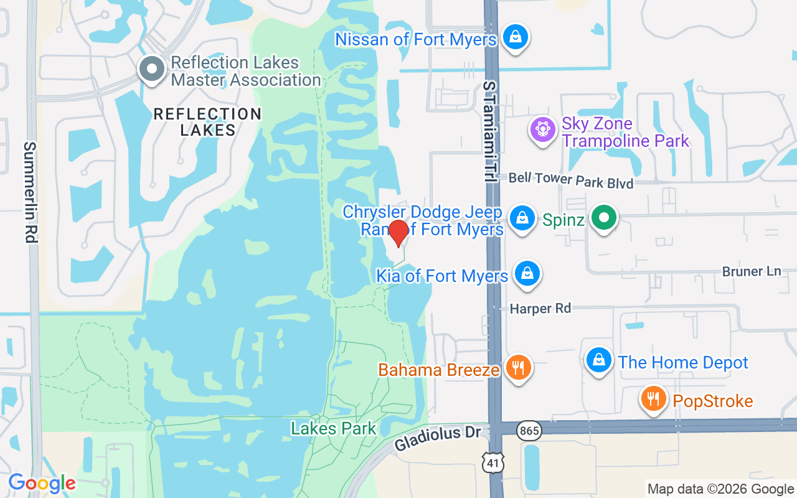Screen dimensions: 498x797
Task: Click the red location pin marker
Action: click(x=398, y=232)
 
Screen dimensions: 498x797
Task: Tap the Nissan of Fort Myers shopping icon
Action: click(x=515, y=37)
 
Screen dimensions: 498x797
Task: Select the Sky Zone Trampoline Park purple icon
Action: click(x=542, y=129)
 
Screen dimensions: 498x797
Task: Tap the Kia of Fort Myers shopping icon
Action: click(x=527, y=274)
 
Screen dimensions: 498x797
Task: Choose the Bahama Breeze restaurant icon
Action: click(x=517, y=368)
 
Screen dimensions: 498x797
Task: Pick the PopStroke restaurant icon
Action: click(x=653, y=399)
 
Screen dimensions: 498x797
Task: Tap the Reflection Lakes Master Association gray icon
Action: click(x=152, y=70)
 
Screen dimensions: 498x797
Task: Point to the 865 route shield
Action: click(x=529, y=430)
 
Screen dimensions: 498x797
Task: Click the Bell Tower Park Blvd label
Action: click(x=570, y=181)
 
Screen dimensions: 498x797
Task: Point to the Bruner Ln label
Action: click(x=751, y=271)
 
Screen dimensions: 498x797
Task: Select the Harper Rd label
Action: click(x=540, y=308)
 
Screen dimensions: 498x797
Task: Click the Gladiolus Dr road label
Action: click(x=438, y=439)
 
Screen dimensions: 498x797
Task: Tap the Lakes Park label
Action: click(x=334, y=428)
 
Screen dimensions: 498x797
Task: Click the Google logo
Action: click(x=42, y=483)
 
